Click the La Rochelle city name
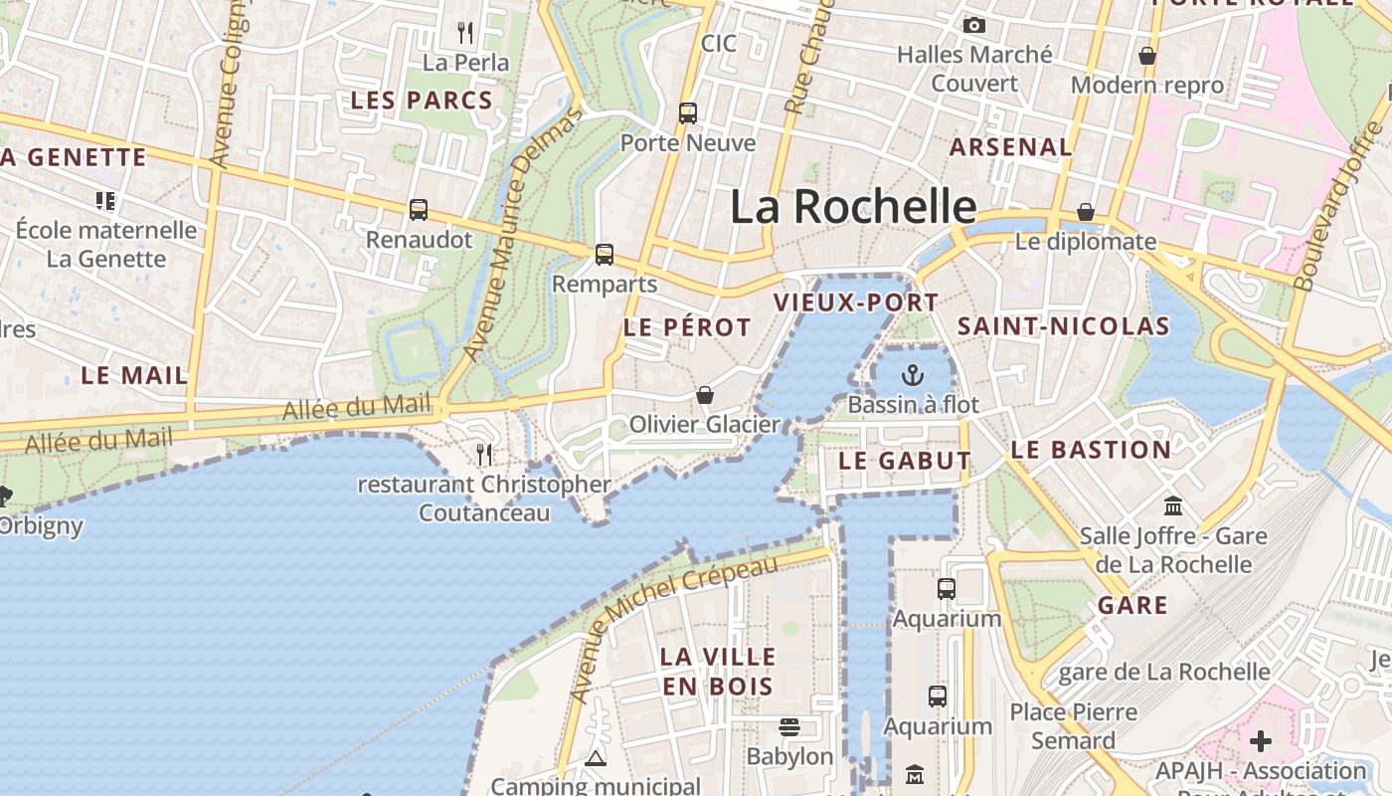853,206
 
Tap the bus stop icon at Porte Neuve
688,112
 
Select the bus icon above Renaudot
419,210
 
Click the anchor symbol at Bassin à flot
912,375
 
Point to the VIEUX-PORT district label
856,302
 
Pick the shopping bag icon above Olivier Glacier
705,395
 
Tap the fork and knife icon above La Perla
465,33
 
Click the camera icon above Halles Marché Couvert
974,25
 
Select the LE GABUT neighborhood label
904,461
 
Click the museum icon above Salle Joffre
1173,506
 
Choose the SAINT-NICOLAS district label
1063,326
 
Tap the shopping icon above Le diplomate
1086,212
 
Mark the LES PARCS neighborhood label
422,100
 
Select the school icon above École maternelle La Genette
105,201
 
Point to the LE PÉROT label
687,327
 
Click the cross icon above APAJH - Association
1261,741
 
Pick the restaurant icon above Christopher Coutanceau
484,455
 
